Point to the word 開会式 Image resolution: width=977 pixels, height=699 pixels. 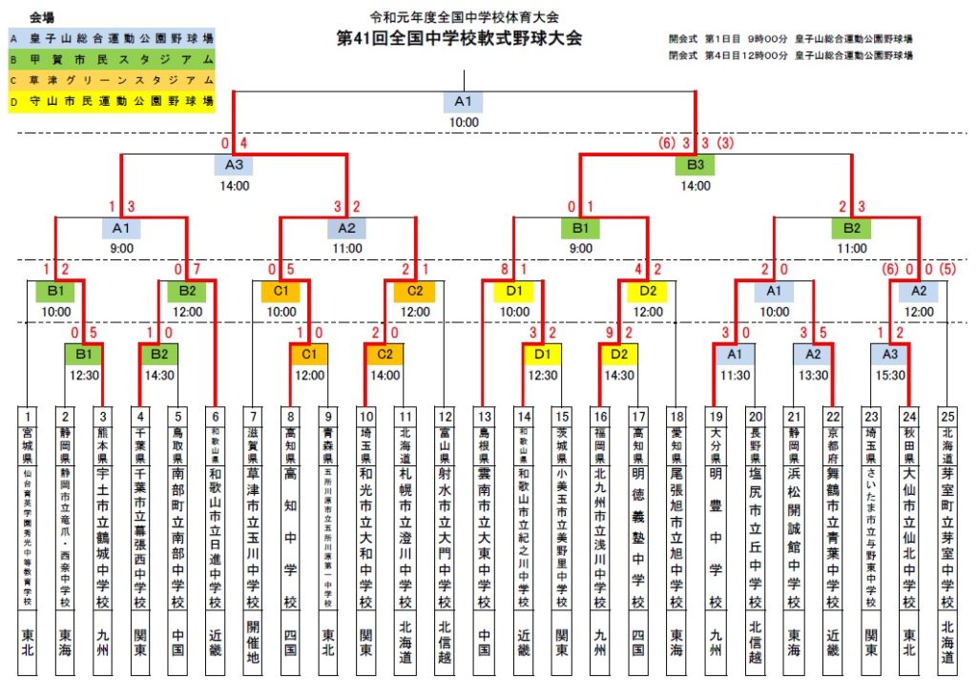click(684, 40)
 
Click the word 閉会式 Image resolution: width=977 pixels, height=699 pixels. click(684, 55)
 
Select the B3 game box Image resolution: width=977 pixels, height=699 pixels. click(696, 164)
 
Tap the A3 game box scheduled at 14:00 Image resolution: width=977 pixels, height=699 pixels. click(235, 164)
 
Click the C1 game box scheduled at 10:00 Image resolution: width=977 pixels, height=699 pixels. click(281, 291)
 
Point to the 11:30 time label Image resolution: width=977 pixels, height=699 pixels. click(735, 376)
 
